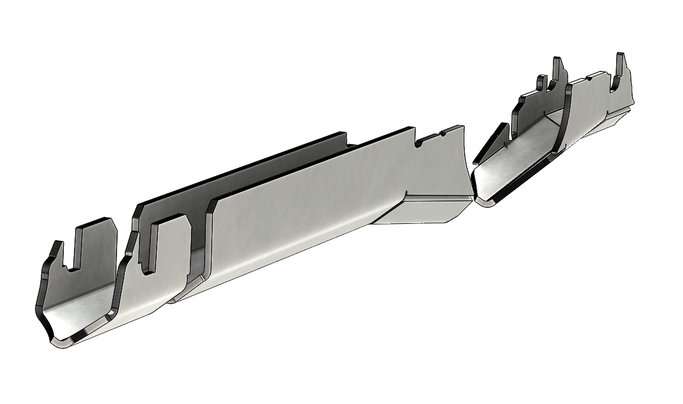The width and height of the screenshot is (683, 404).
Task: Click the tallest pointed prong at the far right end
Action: pos(622,64)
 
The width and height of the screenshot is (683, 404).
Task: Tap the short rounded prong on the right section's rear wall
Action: pos(540,83)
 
